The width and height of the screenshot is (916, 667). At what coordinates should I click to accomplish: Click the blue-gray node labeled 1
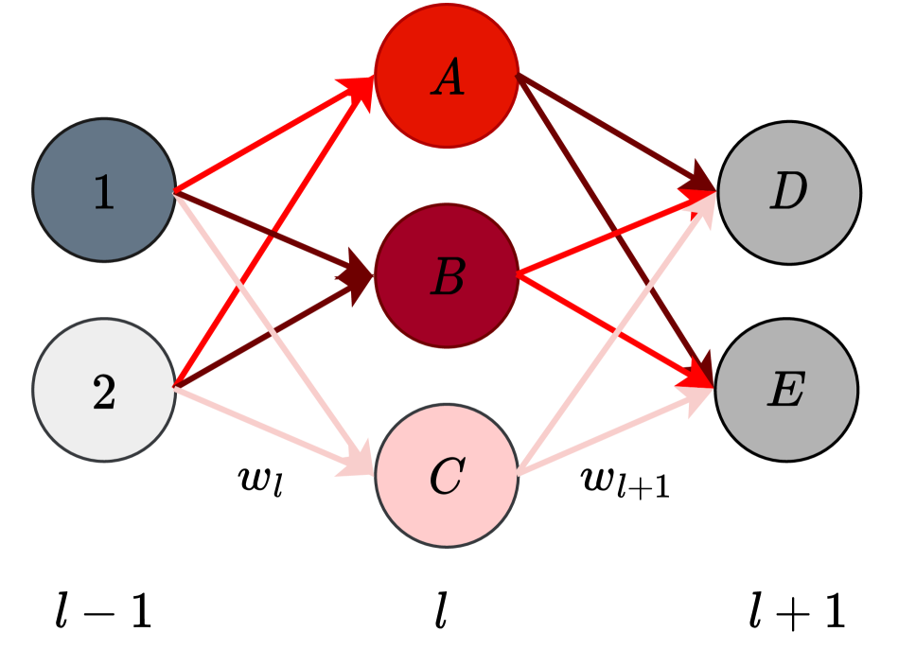coord(104,190)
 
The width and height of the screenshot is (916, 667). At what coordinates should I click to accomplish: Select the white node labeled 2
coord(104,390)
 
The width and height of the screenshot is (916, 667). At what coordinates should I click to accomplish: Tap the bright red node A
coord(447,76)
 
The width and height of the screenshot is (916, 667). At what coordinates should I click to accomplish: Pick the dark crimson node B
coord(447,276)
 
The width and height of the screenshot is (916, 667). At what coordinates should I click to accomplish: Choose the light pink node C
coord(447,475)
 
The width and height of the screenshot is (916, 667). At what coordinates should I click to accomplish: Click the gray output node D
coord(788,192)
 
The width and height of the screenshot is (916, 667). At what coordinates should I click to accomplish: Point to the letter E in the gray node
coord(786,390)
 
